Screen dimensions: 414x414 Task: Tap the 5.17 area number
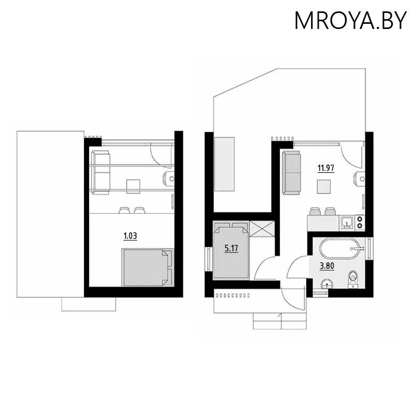point(230,248)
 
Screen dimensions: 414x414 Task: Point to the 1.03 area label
point(129,236)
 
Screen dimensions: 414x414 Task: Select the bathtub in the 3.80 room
point(342,249)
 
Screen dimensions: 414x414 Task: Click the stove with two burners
point(361,223)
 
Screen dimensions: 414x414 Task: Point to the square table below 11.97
point(324,186)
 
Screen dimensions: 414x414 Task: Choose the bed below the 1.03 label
point(147,267)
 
